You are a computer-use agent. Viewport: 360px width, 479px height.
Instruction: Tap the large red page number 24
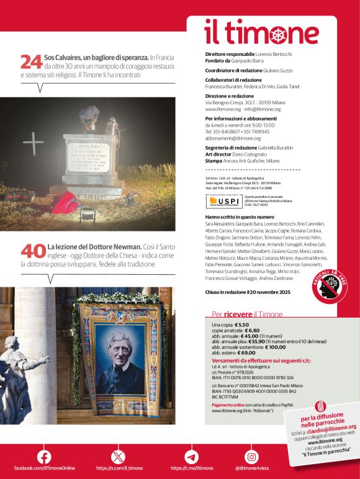click(x=32, y=62)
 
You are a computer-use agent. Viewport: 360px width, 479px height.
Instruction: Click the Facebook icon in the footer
click(x=44, y=456)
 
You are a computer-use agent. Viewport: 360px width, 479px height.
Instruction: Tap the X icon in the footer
click(x=119, y=456)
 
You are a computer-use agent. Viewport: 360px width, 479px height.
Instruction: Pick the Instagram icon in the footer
click(x=251, y=456)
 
